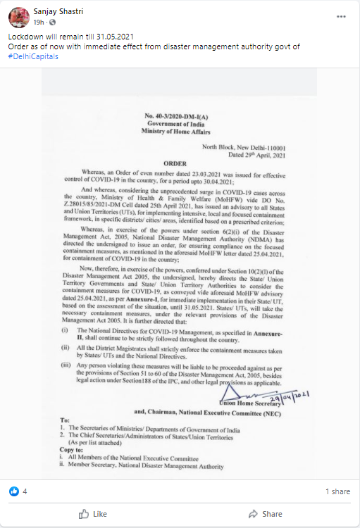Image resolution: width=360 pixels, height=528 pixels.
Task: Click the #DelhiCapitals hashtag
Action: click(x=32, y=56)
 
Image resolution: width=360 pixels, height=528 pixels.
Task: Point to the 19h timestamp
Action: click(x=39, y=23)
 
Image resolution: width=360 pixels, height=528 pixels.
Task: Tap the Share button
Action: click(x=266, y=514)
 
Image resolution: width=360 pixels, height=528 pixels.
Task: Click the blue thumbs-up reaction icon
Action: click(x=13, y=491)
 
